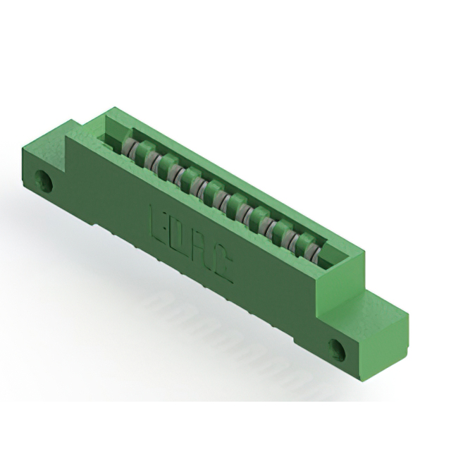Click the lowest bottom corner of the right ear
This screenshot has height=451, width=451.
pos(367,380)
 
